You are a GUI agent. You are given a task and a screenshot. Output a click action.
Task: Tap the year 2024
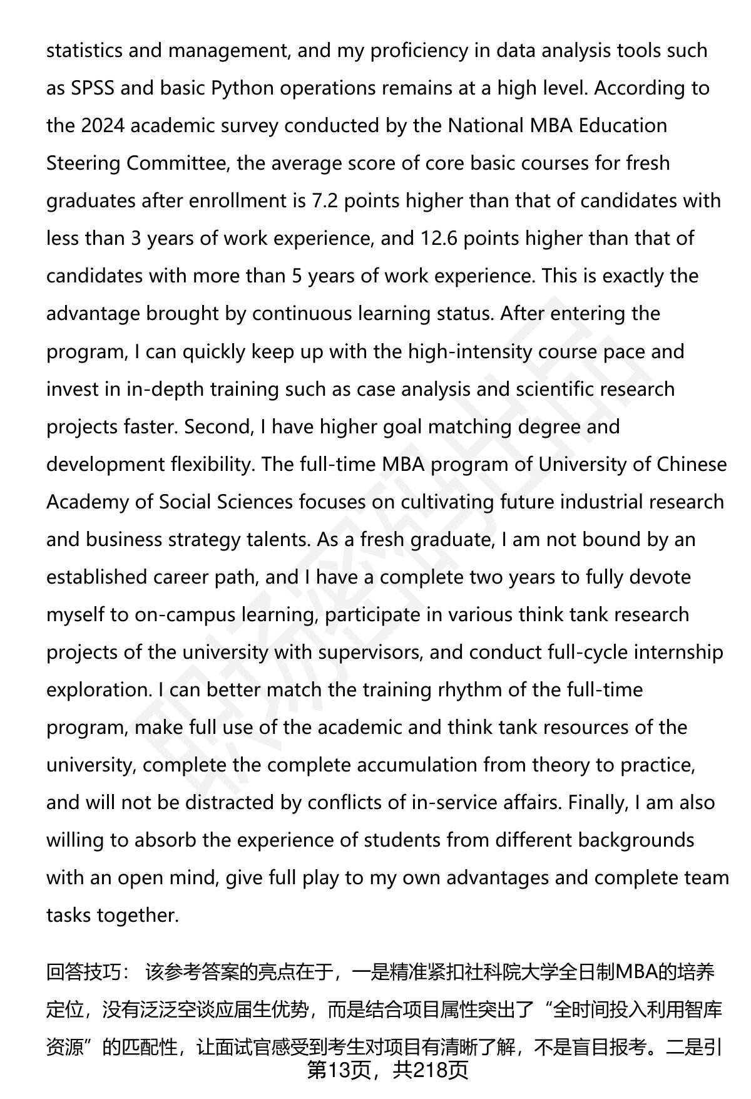coord(104,126)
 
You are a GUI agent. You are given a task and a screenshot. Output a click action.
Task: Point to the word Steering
coord(83,163)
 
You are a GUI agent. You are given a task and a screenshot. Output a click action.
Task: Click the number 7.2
coord(325,201)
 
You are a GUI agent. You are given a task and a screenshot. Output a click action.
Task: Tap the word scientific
coord(554,389)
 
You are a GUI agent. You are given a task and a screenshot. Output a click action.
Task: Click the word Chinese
coord(692,464)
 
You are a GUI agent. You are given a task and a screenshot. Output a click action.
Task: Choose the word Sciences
coord(255,502)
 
